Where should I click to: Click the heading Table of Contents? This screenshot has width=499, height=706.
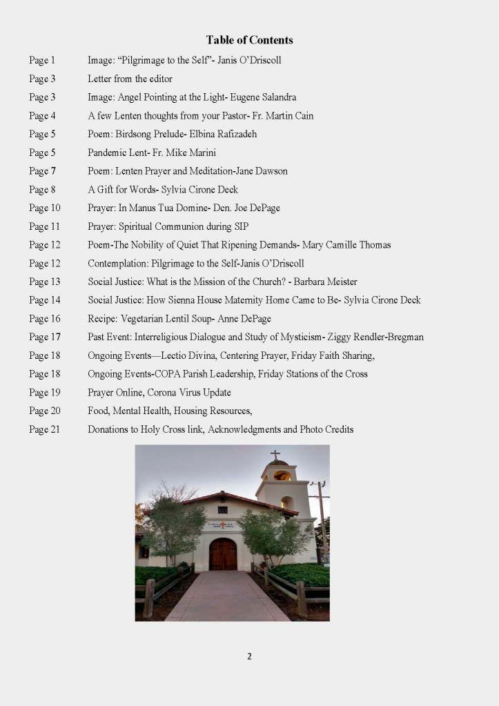click(249, 40)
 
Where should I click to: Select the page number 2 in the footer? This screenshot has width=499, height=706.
click(249, 656)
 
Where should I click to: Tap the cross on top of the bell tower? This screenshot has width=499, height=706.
click(275, 455)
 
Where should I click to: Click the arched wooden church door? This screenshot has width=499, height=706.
click(222, 554)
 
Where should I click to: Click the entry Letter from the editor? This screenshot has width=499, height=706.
click(130, 79)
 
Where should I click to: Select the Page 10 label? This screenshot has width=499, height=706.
click(45, 208)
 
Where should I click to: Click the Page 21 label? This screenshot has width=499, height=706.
click(45, 429)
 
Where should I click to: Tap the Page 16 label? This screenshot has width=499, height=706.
click(45, 319)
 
